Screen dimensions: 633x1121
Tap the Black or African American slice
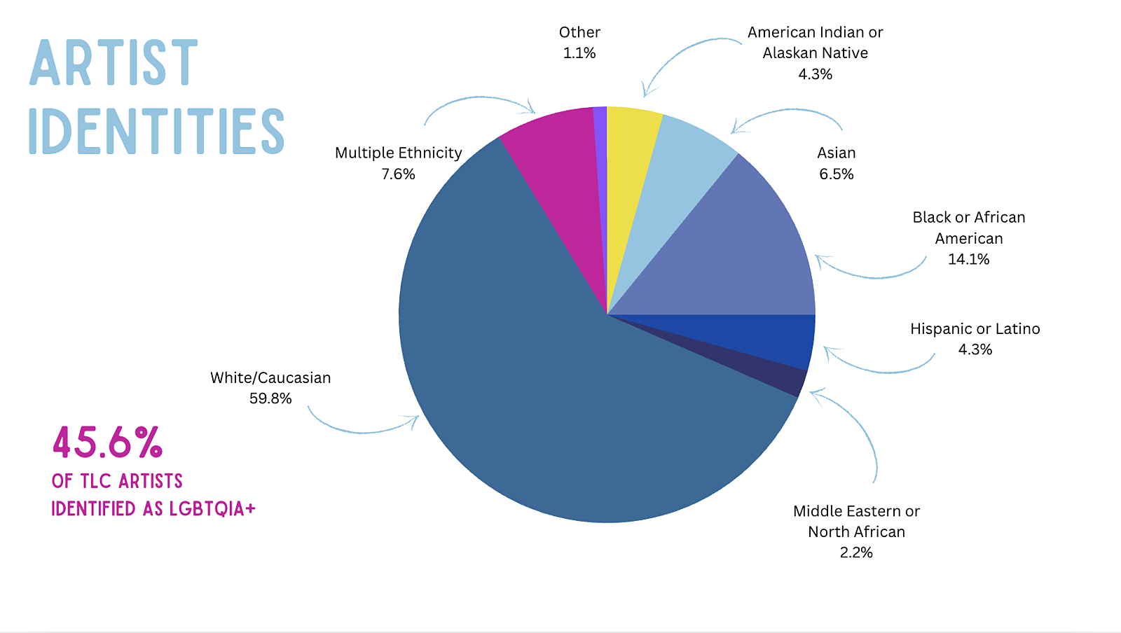(x=743, y=259)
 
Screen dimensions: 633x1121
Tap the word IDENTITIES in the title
(x=156, y=131)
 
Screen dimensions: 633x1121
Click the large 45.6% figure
(x=108, y=443)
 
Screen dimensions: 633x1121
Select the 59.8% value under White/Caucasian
(x=270, y=398)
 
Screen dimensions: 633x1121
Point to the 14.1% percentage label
(x=968, y=259)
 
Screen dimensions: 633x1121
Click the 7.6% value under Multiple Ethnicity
(x=398, y=174)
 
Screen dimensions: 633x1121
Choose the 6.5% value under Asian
(x=836, y=174)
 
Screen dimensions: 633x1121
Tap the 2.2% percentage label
(x=856, y=552)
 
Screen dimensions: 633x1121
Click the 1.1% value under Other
(x=579, y=53)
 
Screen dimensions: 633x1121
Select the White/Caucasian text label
(x=270, y=378)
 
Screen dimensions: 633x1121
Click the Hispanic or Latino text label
(x=975, y=329)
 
